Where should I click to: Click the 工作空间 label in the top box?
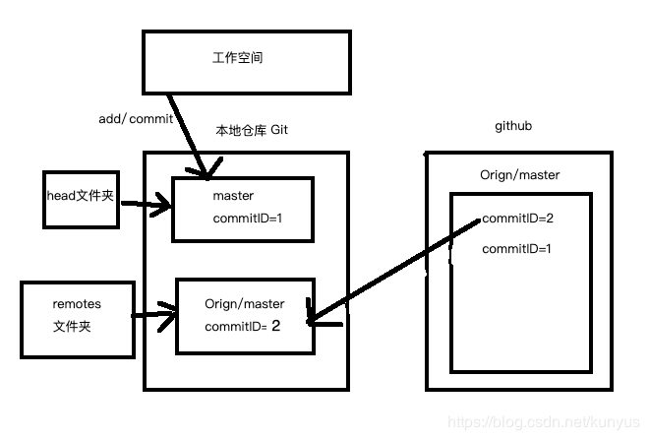coord(238,58)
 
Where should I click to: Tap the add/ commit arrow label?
coord(136,119)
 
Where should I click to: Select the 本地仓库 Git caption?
coord(252,131)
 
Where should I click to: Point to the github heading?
coord(514,128)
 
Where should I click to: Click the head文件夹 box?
coord(80,196)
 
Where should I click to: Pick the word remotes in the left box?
coord(77,304)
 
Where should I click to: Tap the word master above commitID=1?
coord(233,196)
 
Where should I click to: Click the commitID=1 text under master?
coord(247,218)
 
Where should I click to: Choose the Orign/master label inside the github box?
coord(521,175)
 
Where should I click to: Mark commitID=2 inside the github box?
coord(516,220)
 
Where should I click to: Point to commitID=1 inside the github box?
coord(516,249)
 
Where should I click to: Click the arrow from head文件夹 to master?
coord(144,207)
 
